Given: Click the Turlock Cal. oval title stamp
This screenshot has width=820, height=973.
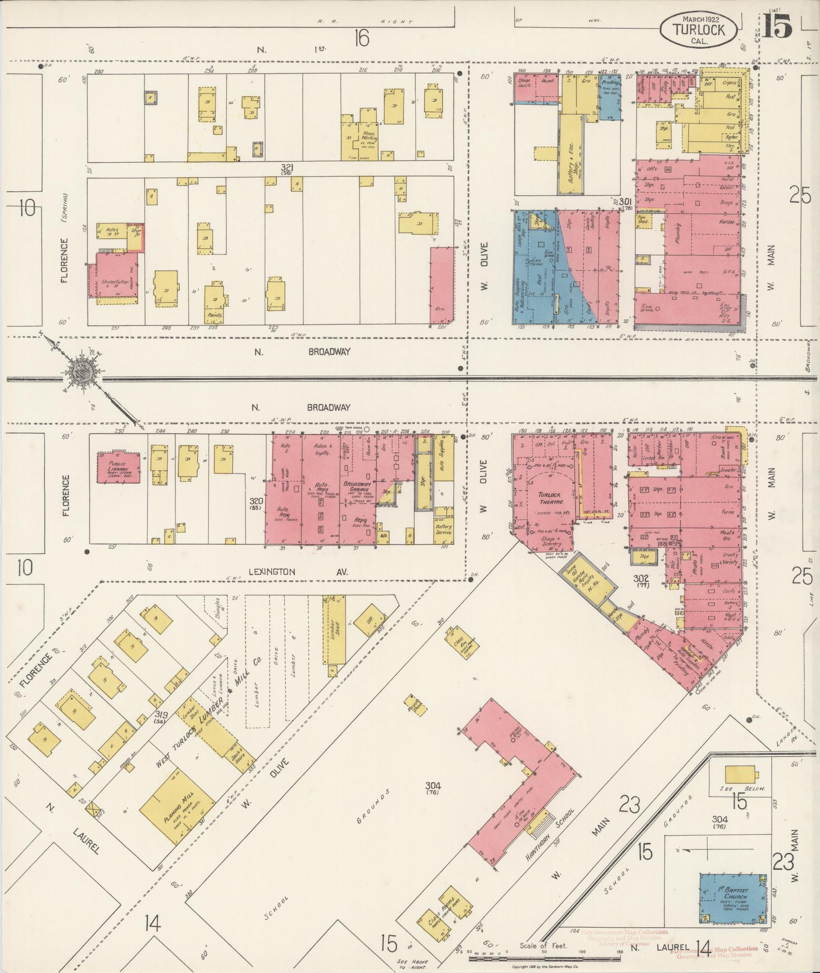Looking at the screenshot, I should (699, 30).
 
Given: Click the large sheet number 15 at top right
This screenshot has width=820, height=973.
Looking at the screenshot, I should (777, 26).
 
